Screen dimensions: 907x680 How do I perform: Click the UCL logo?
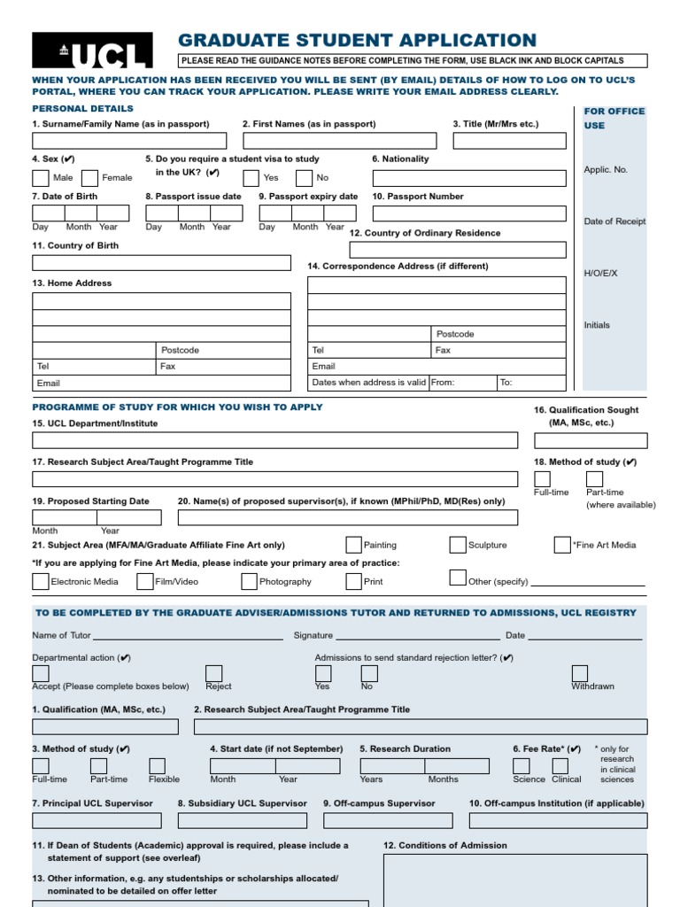pos(92,50)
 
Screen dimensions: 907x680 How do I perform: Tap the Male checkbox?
pos(41,178)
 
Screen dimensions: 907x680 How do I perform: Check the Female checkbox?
pos(89,178)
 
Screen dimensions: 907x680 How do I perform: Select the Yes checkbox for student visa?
pos(251,178)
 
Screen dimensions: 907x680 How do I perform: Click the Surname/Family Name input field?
pos(129,141)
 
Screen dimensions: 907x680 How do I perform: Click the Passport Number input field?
pos(468,213)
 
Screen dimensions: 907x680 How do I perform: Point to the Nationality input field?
pos(468,178)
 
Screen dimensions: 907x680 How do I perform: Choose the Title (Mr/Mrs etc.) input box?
pos(509,141)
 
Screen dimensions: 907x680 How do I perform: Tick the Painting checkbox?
pos(354,545)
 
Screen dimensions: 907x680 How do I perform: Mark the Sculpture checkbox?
pos(458,545)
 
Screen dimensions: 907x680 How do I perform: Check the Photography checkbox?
pos(250,582)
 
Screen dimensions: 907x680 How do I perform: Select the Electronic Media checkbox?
pos(41,582)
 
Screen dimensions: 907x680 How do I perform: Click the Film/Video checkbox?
pos(145,582)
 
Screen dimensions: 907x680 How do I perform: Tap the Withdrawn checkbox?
pos(580,673)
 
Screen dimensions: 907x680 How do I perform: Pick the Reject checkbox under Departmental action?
pos(214,673)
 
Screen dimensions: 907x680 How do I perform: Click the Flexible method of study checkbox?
pos(157,766)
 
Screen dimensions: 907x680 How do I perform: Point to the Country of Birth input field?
pos(161,263)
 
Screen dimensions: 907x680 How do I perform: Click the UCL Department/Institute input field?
pos(274,440)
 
